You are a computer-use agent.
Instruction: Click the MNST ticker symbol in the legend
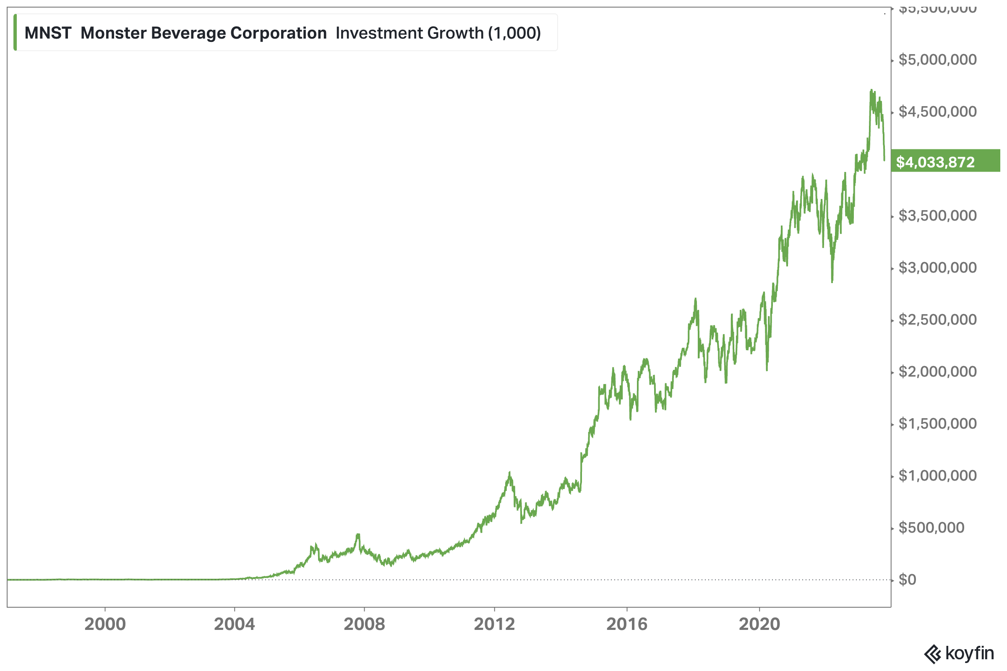click(x=47, y=33)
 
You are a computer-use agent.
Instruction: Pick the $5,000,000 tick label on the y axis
click(x=937, y=60)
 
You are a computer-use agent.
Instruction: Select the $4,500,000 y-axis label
click(x=937, y=112)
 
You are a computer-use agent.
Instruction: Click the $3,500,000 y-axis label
click(x=937, y=215)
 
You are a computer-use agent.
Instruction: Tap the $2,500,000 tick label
click(x=937, y=319)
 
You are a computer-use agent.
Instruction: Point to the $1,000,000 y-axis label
click(x=937, y=476)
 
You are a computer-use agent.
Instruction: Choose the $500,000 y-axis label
click(x=931, y=527)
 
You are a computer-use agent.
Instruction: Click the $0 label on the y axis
click(x=907, y=580)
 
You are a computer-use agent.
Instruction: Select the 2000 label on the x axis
click(x=105, y=624)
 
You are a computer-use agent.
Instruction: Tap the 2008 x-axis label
click(x=364, y=624)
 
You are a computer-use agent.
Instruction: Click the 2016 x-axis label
click(x=627, y=624)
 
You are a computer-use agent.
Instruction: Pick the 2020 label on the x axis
click(x=759, y=624)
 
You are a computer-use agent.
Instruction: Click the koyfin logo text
click(x=968, y=653)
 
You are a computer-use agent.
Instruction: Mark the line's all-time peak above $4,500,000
click(x=871, y=90)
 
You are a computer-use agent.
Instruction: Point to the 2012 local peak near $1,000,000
click(x=509, y=473)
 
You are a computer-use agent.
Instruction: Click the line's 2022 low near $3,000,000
click(x=832, y=281)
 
